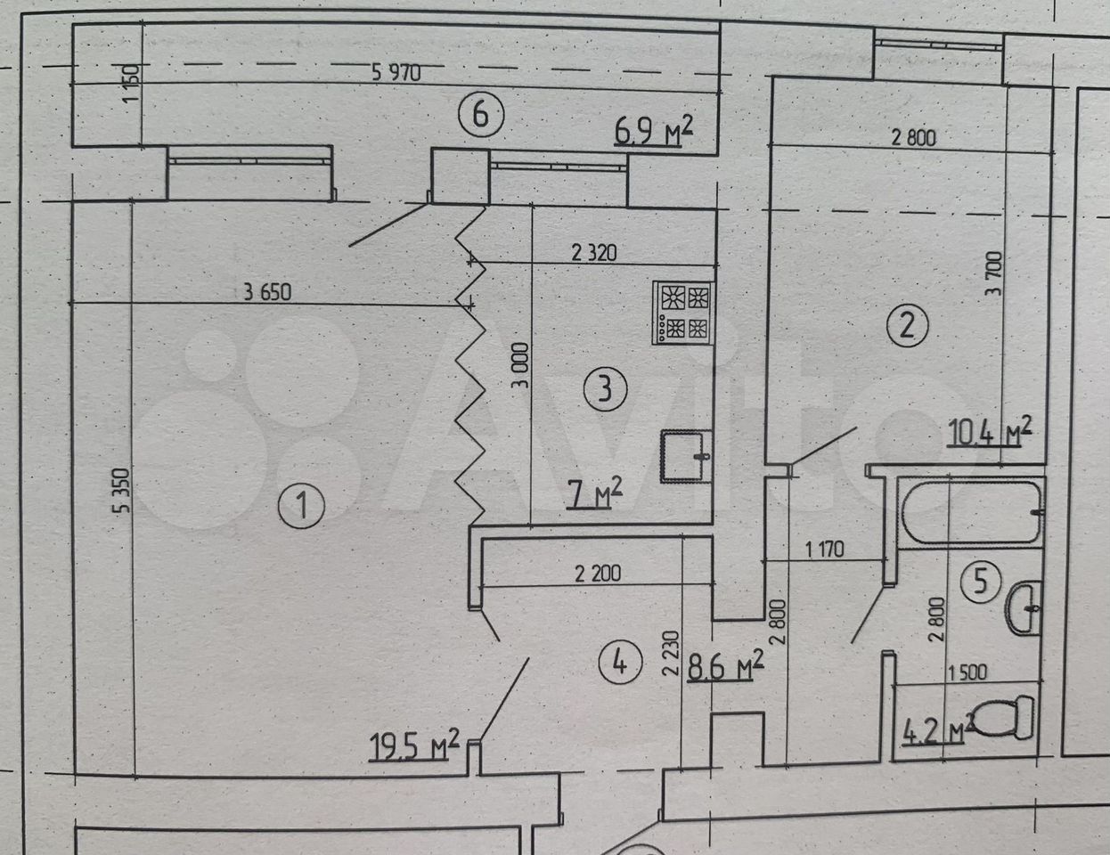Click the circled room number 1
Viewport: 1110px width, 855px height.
pos(301,505)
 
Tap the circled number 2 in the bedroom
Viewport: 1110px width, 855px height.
pos(908,325)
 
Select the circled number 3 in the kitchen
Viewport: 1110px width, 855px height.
pos(605,389)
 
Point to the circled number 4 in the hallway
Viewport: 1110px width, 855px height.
pos(620,664)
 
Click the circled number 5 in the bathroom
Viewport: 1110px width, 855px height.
pos(981,581)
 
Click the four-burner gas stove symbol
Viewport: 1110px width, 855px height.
pos(682,313)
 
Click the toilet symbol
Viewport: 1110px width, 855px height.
pos(1001,716)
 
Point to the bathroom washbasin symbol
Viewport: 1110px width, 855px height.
pos(1024,607)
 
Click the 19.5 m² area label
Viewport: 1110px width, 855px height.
pos(413,745)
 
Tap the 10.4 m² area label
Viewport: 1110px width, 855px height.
pos(990,432)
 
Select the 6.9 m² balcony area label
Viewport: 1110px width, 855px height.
pos(653,131)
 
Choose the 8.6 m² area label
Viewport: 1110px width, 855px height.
pos(725,665)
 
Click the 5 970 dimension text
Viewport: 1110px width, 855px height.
pos(396,73)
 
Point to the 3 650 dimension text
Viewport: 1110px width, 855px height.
pos(267,292)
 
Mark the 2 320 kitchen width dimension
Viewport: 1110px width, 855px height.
pos(594,253)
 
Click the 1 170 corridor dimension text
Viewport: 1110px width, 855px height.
pos(824,550)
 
